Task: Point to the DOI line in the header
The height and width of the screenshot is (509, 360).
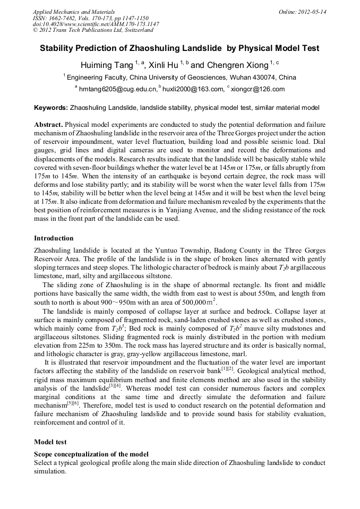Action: [x=96, y=24]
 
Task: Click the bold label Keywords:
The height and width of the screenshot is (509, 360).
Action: [x=51, y=108]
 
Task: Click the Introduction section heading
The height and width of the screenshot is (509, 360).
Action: [x=54, y=238]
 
